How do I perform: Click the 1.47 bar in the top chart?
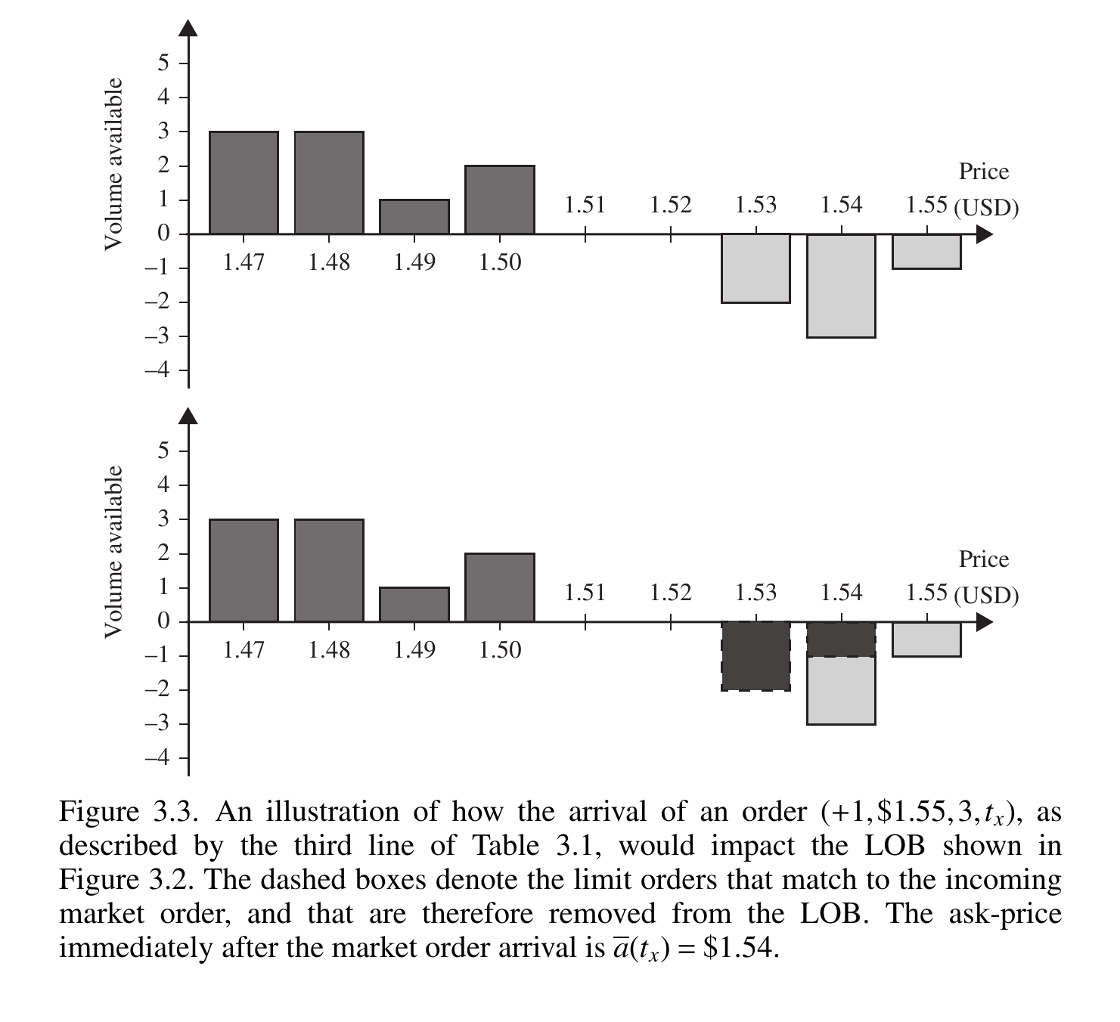tap(244, 183)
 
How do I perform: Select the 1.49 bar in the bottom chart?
tap(414, 605)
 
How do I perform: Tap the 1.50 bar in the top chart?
tap(500, 200)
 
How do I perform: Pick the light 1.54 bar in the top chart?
tap(841, 286)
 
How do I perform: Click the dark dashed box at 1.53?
tap(755, 656)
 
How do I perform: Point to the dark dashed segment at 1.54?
tap(841, 639)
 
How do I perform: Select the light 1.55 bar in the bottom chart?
tap(926, 639)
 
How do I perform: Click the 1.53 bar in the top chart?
tap(755, 268)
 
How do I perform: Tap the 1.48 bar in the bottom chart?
tap(329, 571)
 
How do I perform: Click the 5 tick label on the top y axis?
tap(163, 63)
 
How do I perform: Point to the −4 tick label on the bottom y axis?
tap(157, 758)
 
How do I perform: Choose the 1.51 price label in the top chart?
tap(585, 205)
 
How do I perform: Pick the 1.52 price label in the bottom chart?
tap(671, 593)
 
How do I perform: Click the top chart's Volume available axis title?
tap(113, 163)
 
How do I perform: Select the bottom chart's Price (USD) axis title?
tap(985, 578)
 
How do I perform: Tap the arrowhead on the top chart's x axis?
tap(983, 234)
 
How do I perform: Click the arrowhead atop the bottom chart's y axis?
tap(188, 416)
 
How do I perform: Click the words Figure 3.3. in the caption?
tap(129, 813)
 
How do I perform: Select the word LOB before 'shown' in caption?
tap(895, 847)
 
